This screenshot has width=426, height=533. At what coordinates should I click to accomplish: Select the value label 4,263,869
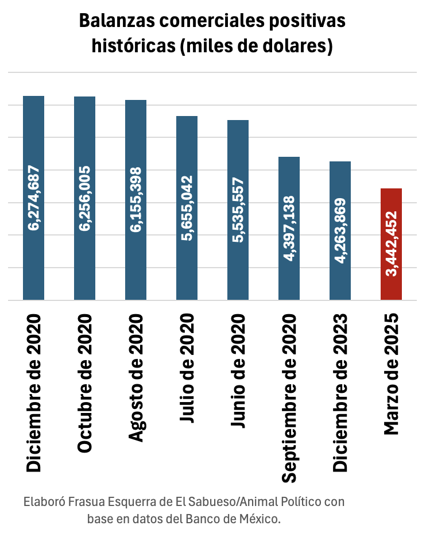(340, 231)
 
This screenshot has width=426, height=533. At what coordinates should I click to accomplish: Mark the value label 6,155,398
(136, 200)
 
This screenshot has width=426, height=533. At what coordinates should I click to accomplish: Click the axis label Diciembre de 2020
(33, 393)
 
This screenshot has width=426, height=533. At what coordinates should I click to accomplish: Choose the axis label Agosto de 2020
(136, 378)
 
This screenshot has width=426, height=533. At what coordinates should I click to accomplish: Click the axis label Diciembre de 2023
(340, 393)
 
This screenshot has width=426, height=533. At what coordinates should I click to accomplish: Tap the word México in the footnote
(258, 519)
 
